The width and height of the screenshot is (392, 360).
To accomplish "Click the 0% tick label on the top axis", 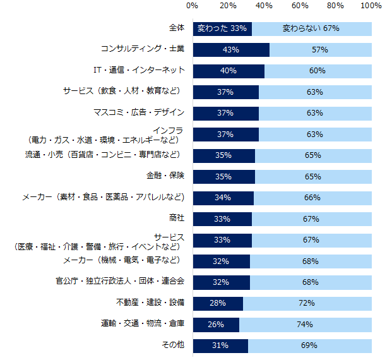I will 193,6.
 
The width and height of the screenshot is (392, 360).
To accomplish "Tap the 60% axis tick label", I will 300,6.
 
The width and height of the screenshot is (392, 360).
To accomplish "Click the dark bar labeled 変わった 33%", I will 222,29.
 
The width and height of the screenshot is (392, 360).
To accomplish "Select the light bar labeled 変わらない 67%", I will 311,29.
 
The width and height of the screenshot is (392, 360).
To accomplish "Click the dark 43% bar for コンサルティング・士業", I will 231,50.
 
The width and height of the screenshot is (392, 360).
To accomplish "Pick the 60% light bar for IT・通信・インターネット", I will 318,71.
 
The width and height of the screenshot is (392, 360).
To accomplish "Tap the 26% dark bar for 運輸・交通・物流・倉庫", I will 216,325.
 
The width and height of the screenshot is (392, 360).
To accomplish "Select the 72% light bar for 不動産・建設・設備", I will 307,303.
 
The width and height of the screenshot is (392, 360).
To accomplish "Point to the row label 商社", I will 177,218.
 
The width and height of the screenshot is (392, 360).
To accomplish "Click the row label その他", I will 173,345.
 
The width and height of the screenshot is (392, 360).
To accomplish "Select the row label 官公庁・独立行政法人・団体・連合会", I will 120,281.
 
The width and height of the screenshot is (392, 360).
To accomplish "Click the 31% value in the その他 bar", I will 220,345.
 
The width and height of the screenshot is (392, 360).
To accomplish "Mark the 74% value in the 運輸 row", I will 305,325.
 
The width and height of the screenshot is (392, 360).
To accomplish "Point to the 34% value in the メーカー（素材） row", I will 223,198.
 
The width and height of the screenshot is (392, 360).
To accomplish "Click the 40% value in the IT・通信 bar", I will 228,71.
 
